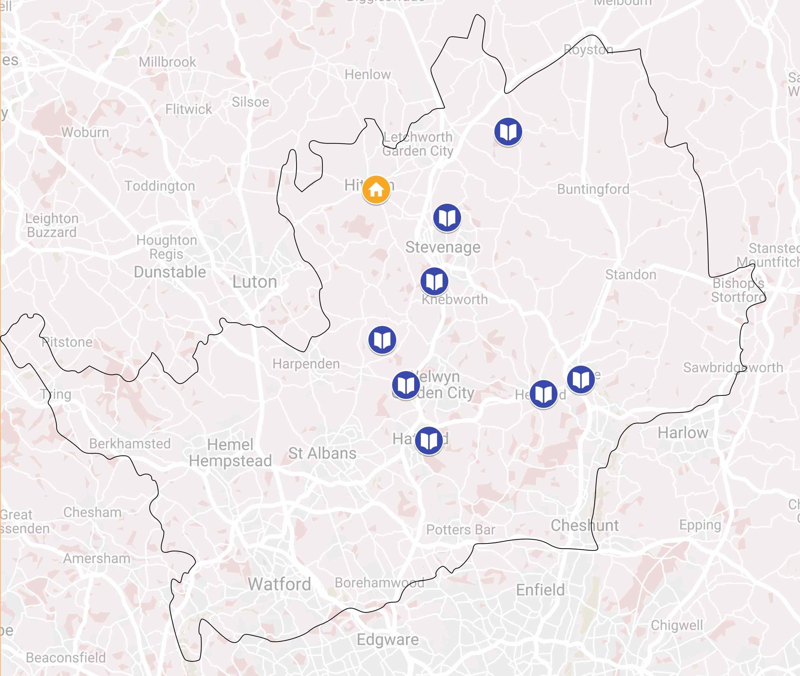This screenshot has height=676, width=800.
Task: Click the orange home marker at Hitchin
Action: [376, 189]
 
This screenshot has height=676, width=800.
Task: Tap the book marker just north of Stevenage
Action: [447, 217]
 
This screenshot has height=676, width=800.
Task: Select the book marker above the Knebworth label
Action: [434, 281]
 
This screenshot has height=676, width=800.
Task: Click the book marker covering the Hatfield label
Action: [429, 440]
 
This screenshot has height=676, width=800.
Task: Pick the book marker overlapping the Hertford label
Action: [543, 394]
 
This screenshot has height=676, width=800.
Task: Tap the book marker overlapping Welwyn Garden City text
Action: [405, 385]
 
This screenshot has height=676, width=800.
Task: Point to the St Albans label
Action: [322, 453]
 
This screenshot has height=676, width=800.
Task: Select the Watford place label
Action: [279, 584]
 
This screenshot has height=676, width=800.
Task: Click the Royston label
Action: [588, 50]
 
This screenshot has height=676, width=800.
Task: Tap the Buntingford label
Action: [593, 189]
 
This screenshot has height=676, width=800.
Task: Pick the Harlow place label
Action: [683, 433]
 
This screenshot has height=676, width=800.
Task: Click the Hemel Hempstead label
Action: [230, 453]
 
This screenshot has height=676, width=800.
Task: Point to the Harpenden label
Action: [306, 364]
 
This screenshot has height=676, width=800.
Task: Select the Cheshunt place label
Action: [585, 525]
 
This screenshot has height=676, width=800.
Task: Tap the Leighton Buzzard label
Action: [52, 225]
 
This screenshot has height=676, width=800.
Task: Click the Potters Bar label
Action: [460, 530]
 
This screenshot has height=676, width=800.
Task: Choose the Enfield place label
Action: [540, 590]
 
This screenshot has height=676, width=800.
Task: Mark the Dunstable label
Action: [170, 272]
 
